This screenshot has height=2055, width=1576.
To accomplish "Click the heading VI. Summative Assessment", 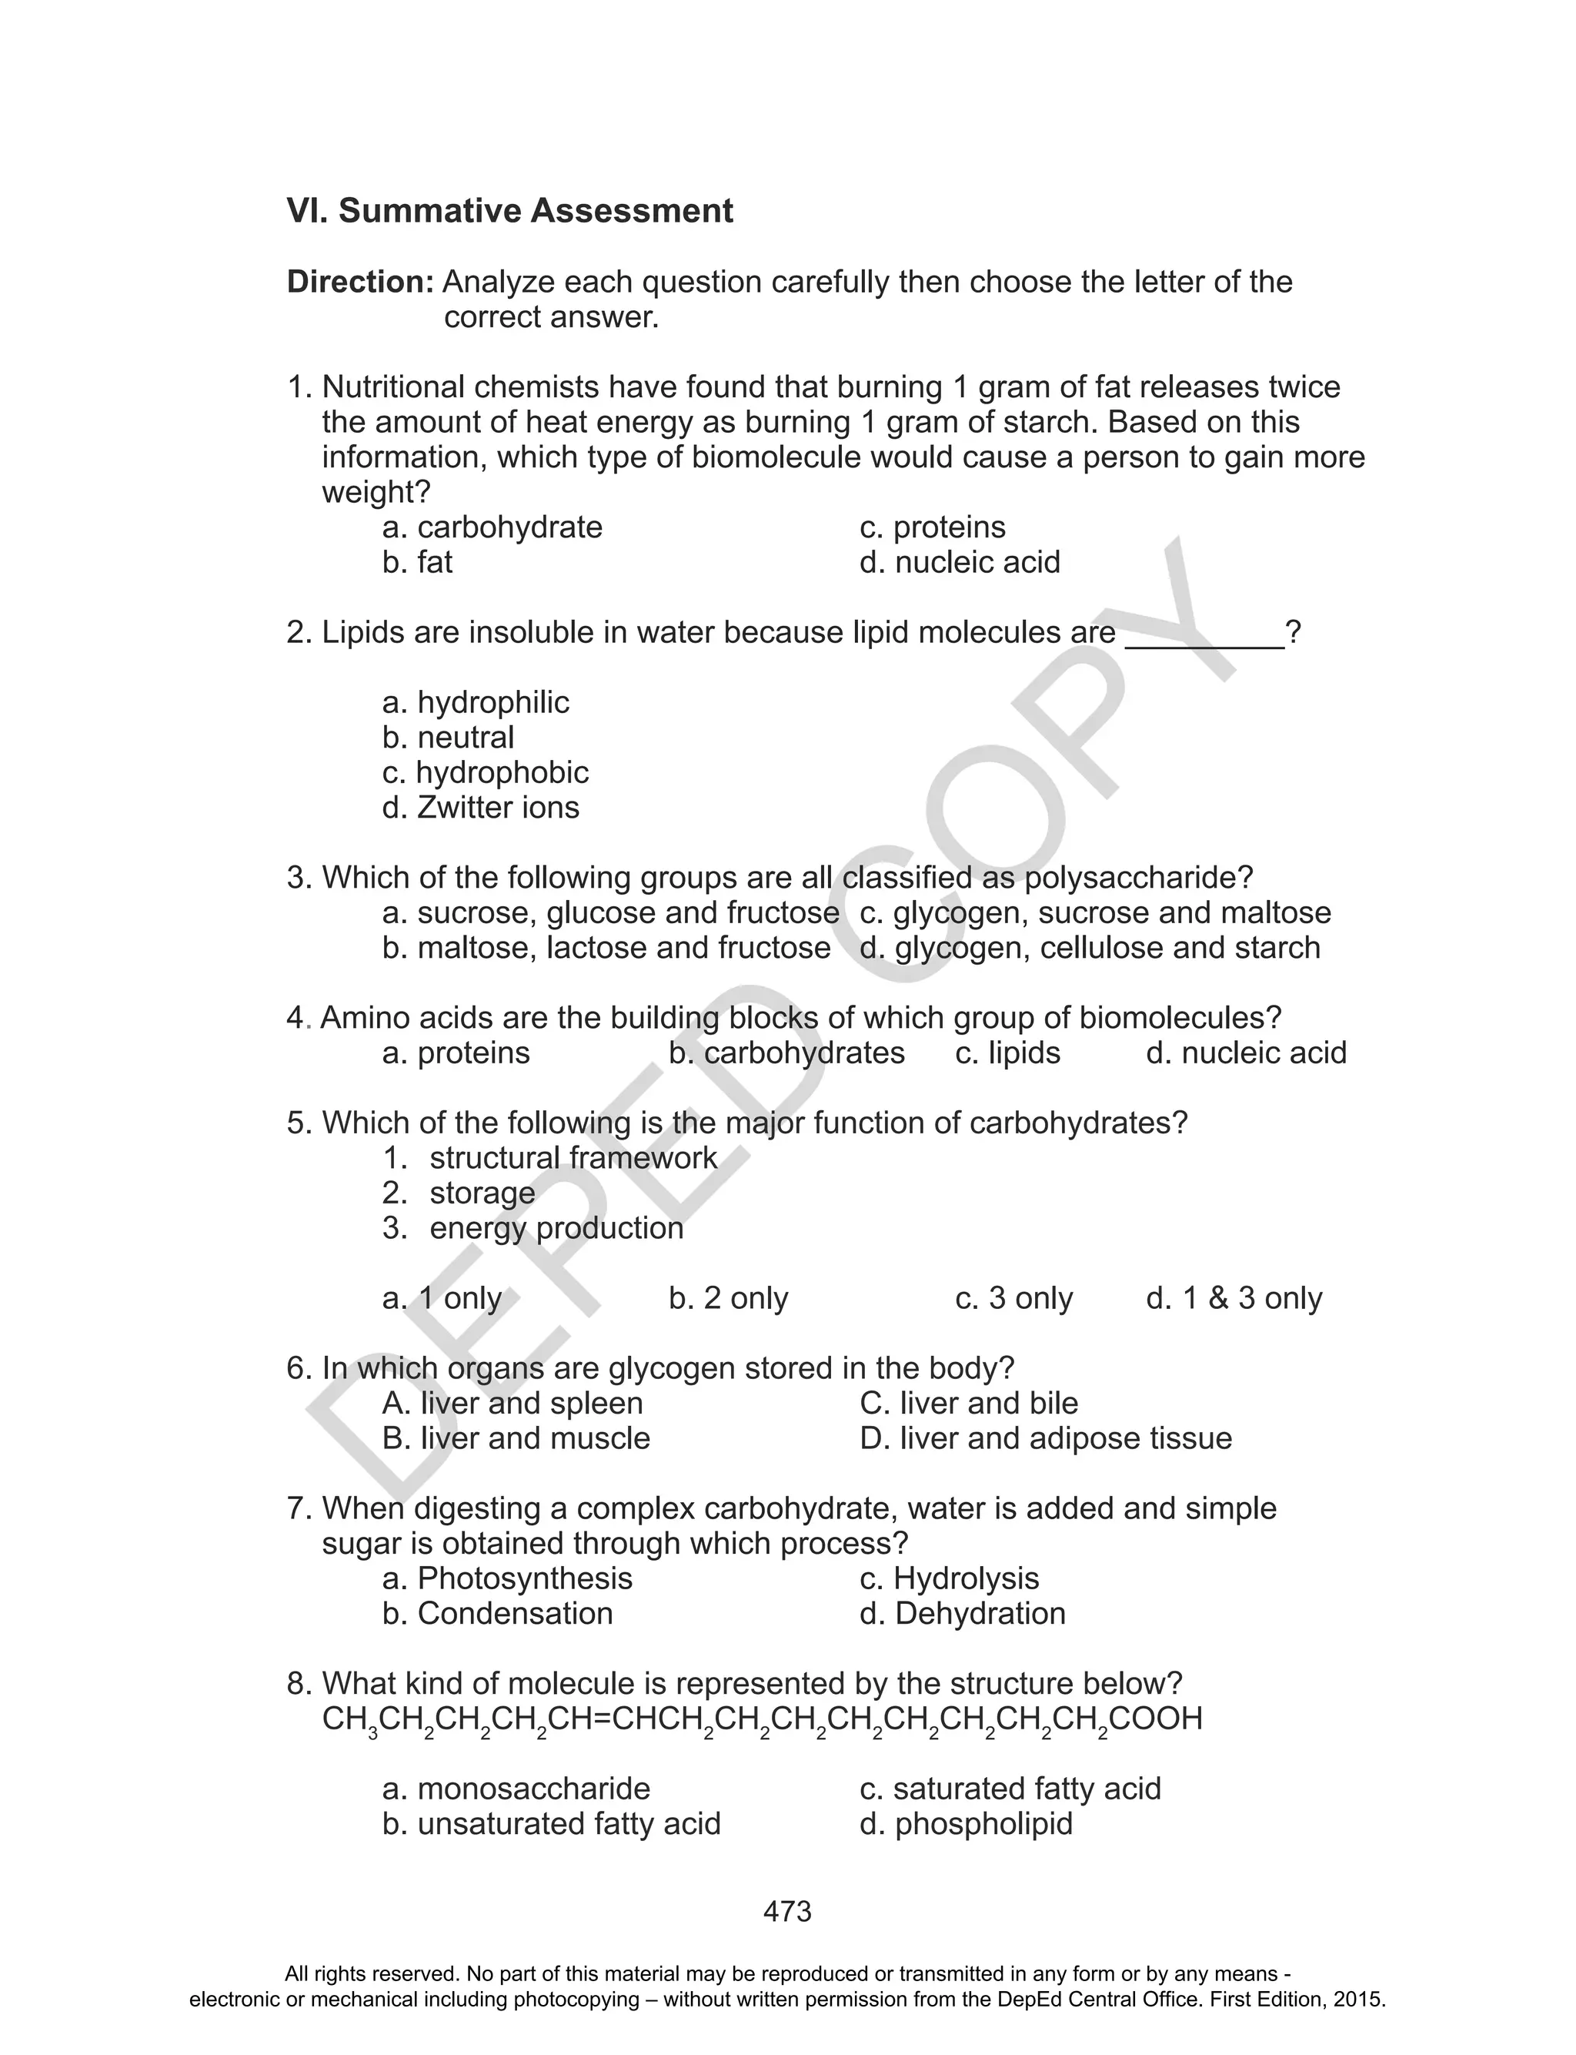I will (x=509, y=210).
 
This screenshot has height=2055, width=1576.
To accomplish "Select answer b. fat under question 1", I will (x=417, y=562).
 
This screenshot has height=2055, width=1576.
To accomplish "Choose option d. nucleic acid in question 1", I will (x=960, y=562).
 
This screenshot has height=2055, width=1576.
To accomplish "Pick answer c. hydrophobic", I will (x=485, y=772).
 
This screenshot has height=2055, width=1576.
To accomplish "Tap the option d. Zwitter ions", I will (x=480, y=807).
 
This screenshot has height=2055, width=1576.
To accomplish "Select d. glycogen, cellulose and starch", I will (x=1089, y=948).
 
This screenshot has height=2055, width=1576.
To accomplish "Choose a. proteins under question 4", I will (x=456, y=1053).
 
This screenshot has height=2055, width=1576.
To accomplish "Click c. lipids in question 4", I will (x=1007, y=1053).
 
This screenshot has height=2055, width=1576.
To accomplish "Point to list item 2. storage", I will (x=459, y=1193).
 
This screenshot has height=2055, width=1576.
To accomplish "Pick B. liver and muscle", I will (x=516, y=1438).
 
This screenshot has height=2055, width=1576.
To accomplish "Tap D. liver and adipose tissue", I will (x=1045, y=1438).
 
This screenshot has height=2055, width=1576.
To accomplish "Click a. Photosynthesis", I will (x=508, y=1578).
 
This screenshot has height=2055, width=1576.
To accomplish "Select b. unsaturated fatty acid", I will (x=552, y=1824).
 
